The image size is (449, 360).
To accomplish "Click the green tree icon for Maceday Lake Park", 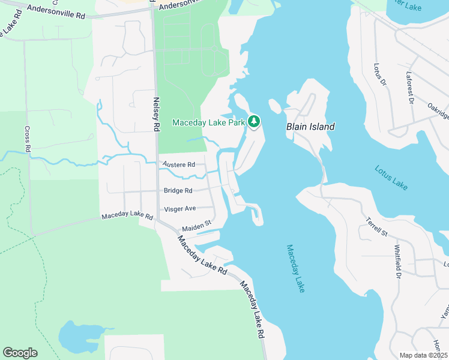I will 254,122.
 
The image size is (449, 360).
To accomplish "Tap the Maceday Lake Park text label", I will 208,123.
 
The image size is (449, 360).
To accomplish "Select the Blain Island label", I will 310,127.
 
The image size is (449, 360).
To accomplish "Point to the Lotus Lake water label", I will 391,178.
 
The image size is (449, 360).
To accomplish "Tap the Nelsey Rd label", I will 156,114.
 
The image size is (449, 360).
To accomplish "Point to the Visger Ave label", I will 179,209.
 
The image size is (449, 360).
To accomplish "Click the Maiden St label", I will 197,226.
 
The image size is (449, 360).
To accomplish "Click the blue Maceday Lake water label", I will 295,268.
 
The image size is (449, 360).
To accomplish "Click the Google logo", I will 20,353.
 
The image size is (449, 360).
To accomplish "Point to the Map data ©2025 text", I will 423,355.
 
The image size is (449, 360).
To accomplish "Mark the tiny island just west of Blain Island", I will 275,107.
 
